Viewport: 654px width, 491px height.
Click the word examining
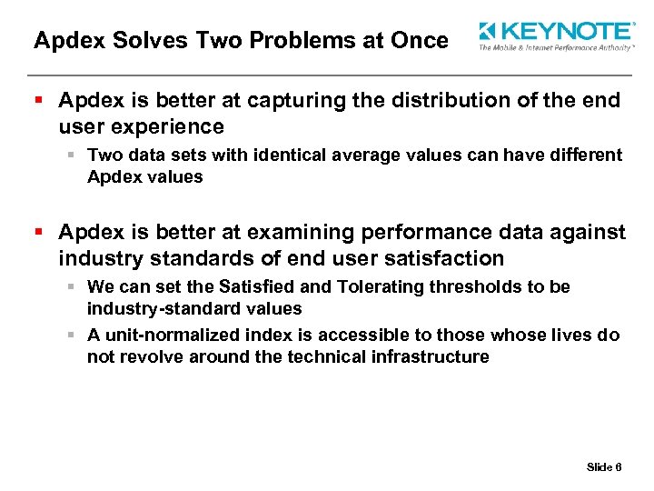pyautogui.click(x=291, y=233)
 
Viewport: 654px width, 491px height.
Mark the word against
pyautogui.click(x=580, y=233)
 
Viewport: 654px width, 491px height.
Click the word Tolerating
pyautogui.click(x=380, y=287)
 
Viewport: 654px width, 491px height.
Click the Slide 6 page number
pyautogui.click(x=604, y=467)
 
